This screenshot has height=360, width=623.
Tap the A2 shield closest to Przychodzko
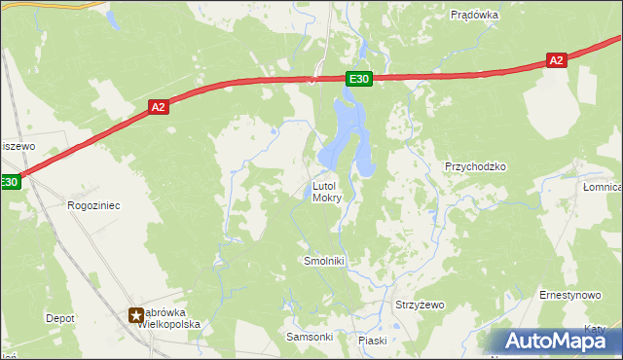(x=556, y=60)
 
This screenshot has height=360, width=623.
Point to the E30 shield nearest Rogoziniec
(x=9, y=182)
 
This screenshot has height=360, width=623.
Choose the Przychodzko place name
(x=475, y=166)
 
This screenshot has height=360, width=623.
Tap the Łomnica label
(x=603, y=187)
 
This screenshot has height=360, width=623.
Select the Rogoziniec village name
(x=92, y=205)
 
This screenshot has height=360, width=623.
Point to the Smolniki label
(x=324, y=262)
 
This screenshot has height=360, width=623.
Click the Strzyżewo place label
(x=419, y=305)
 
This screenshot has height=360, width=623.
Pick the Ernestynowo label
(x=569, y=294)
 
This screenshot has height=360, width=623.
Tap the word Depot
(x=59, y=318)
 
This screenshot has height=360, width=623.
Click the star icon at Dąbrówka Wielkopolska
(x=137, y=314)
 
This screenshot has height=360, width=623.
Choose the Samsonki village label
(x=309, y=337)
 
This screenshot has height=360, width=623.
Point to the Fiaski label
(x=372, y=341)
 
